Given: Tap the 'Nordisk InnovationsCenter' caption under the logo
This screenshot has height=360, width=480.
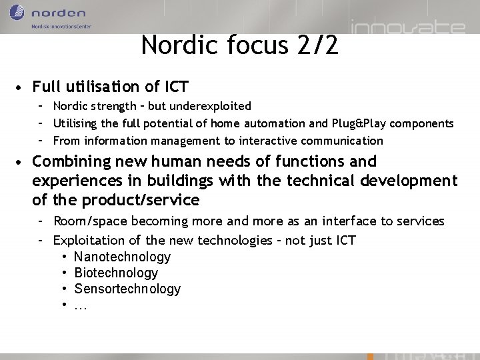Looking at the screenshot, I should (x=61, y=27).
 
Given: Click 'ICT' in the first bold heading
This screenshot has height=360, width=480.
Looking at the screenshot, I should (x=173, y=86).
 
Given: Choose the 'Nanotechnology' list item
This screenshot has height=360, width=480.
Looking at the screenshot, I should (x=122, y=257).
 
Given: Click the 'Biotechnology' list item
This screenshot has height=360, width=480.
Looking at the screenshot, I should (x=116, y=273).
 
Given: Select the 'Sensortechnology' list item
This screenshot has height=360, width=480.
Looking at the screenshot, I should (x=127, y=289).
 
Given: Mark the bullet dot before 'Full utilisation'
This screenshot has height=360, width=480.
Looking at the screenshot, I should (x=22, y=87).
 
